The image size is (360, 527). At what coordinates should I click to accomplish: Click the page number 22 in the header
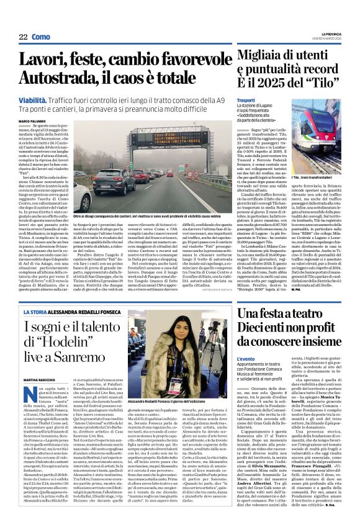tap(23, 37)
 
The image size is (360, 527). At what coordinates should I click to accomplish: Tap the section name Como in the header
tap(40, 37)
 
